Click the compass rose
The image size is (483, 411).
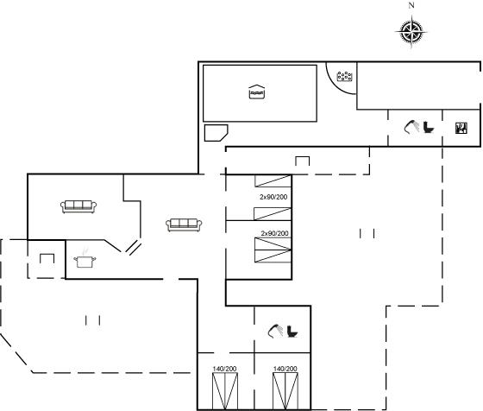pos(411,32)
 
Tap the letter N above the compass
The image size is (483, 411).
pos(411,5)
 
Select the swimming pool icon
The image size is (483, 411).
pos(257,92)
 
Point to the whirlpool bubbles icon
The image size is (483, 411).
pos(345,76)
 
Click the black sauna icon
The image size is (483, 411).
pos(461,128)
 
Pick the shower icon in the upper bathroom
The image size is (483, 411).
pos(411,127)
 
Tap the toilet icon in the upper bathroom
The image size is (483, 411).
pos(429,127)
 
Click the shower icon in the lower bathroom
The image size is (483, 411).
pos(275,332)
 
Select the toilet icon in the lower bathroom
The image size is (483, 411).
pos(292,332)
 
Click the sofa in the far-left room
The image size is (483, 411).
pos(78,206)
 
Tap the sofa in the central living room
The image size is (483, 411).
pos(184,224)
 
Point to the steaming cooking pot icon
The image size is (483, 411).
pos(85,259)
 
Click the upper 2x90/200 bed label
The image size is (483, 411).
pos(273,197)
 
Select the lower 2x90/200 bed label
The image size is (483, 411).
pos(275,233)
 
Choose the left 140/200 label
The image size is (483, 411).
pos(224,369)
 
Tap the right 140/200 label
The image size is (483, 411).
pos(285,369)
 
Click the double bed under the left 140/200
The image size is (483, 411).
pos(225,391)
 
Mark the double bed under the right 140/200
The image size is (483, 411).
pos(285,391)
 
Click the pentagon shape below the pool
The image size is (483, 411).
pos(216,133)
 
